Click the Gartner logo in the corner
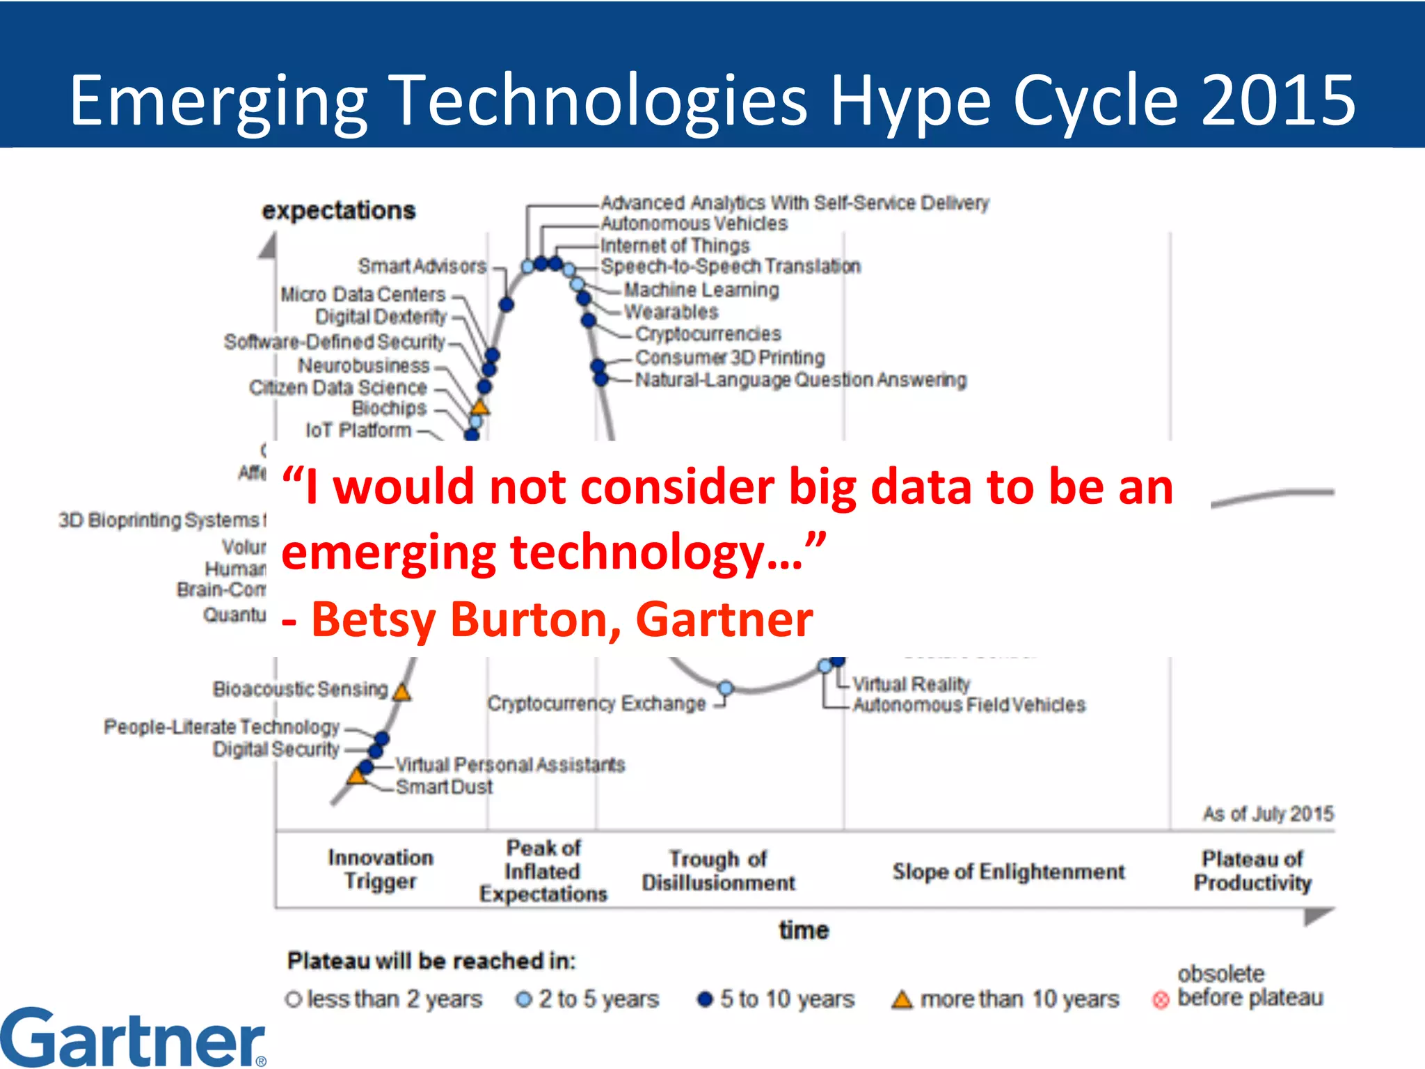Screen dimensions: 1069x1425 point(132,1038)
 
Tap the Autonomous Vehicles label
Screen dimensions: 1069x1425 point(694,223)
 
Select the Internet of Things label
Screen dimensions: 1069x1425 point(674,246)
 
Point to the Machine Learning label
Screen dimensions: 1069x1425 point(701,290)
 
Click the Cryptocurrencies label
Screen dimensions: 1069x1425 point(708,334)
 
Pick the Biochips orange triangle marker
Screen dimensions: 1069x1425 point(479,406)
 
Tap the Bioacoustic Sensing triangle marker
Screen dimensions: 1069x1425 point(401,692)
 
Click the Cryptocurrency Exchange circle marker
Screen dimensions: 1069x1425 point(725,688)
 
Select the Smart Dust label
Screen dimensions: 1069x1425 point(444,786)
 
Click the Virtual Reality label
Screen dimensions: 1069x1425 point(911,684)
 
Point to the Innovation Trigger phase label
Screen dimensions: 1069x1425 point(381,869)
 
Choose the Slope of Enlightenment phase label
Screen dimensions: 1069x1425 point(1008,871)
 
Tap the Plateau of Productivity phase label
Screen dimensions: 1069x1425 point(1252,871)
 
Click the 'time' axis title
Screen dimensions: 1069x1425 point(804,931)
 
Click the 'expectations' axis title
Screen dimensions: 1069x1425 point(338,210)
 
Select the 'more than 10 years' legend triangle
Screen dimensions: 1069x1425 point(902,1000)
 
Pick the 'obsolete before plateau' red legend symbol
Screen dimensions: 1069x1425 point(1160,1000)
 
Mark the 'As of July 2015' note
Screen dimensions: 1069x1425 point(1268,814)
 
